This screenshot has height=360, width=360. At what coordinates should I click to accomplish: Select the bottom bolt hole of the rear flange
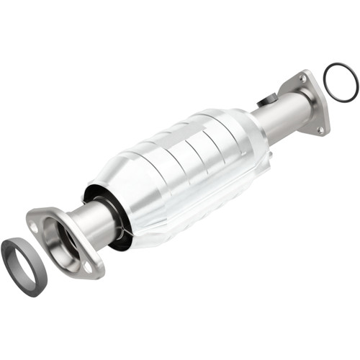(320, 130)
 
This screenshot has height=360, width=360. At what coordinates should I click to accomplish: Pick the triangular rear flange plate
(311, 101)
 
